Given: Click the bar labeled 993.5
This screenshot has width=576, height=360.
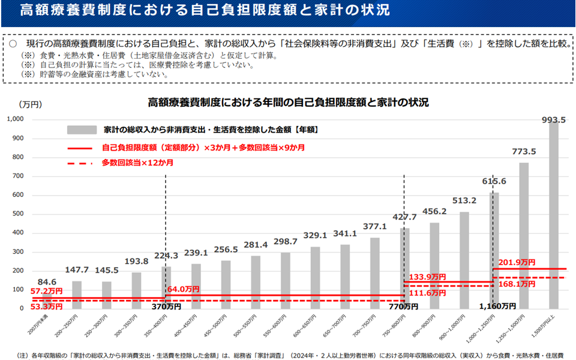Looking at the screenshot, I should pos(553,216).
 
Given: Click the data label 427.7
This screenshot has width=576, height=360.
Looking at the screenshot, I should pos(404,217).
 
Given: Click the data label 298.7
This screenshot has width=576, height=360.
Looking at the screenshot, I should pos(286,241).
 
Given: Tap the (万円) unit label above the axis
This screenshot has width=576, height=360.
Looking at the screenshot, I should pos(30,104).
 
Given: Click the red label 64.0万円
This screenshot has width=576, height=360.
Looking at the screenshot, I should pos(184,289).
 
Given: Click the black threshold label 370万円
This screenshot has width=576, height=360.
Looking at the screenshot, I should pos(166,307).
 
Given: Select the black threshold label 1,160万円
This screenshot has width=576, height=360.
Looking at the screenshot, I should pos(497,306).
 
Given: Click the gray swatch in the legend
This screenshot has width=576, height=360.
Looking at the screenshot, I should pos(82,130).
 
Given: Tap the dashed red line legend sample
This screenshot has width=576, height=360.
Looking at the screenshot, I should pos(79,163).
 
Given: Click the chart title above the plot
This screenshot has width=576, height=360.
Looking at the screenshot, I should pos(288,103).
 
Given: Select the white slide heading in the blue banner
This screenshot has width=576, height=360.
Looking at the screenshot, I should pos(204,11).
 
